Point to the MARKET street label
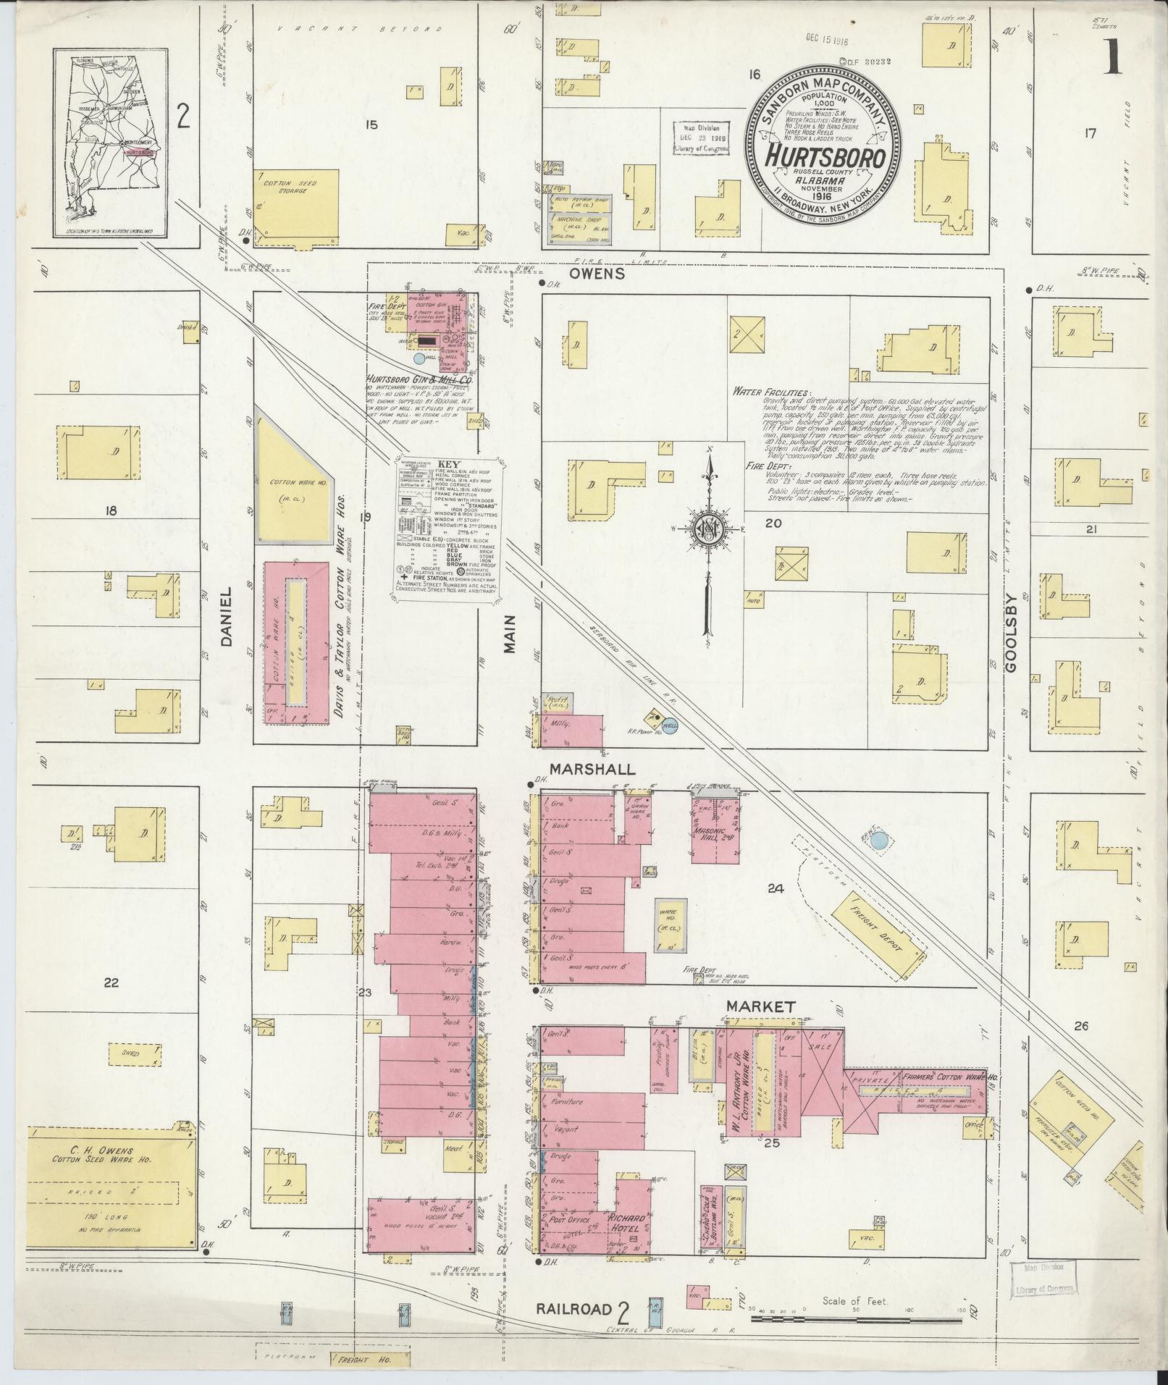[762, 1006]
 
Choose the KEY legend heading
[450, 465]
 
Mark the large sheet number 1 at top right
[1112, 56]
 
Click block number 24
[776, 888]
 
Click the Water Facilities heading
[770, 391]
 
